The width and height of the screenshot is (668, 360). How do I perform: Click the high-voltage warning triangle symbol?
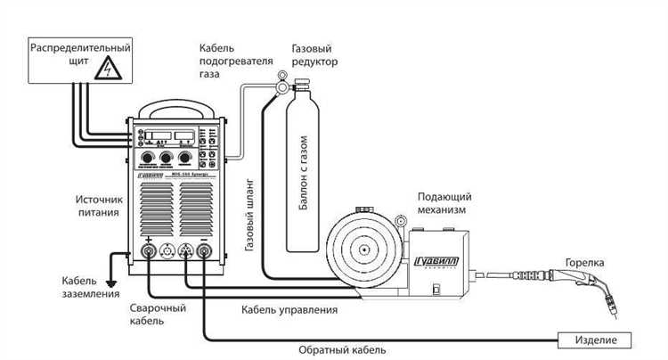[x=106, y=67]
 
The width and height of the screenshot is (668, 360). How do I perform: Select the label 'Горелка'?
[x=585, y=263]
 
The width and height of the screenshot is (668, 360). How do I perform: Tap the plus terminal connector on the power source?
[x=146, y=252]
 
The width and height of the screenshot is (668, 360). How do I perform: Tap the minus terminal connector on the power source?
[x=205, y=252]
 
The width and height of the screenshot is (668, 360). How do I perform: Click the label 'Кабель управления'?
[x=289, y=310]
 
